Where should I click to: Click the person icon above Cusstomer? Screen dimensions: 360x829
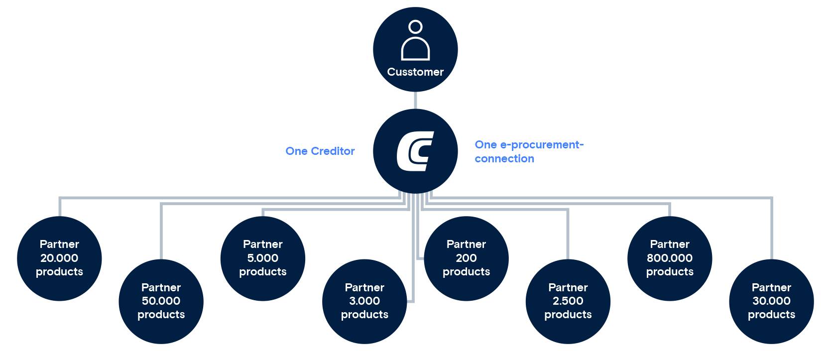click(415, 41)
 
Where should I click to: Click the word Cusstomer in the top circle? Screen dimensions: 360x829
click(415, 72)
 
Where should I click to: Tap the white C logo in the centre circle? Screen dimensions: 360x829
click(415, 151)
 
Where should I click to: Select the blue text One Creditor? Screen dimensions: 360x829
click(320, 151)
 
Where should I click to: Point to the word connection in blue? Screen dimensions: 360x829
click(504, 159)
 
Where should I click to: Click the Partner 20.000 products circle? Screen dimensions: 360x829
click(59, 258)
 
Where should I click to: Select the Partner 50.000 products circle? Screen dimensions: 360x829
click(161, 301)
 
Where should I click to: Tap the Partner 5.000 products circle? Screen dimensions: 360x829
click(262, 258)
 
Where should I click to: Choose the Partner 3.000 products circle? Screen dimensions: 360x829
click(364, 301)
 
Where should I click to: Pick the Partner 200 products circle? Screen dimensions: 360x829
click(466, 258)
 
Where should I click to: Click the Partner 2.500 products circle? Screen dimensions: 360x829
click(568, 301)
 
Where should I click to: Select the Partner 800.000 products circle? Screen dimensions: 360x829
click(670, 258)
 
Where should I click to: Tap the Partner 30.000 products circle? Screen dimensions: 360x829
click(771, 301)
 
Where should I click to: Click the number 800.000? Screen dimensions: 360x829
click(670, 258)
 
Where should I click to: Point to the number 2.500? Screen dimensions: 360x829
click(568, 301)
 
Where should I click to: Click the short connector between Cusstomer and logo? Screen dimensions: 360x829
click(415, 100)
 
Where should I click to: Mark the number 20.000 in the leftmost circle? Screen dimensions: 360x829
click(59, 258)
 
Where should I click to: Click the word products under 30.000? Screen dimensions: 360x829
click(771, 315)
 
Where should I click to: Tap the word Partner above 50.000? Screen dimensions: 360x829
click(161, 287)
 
